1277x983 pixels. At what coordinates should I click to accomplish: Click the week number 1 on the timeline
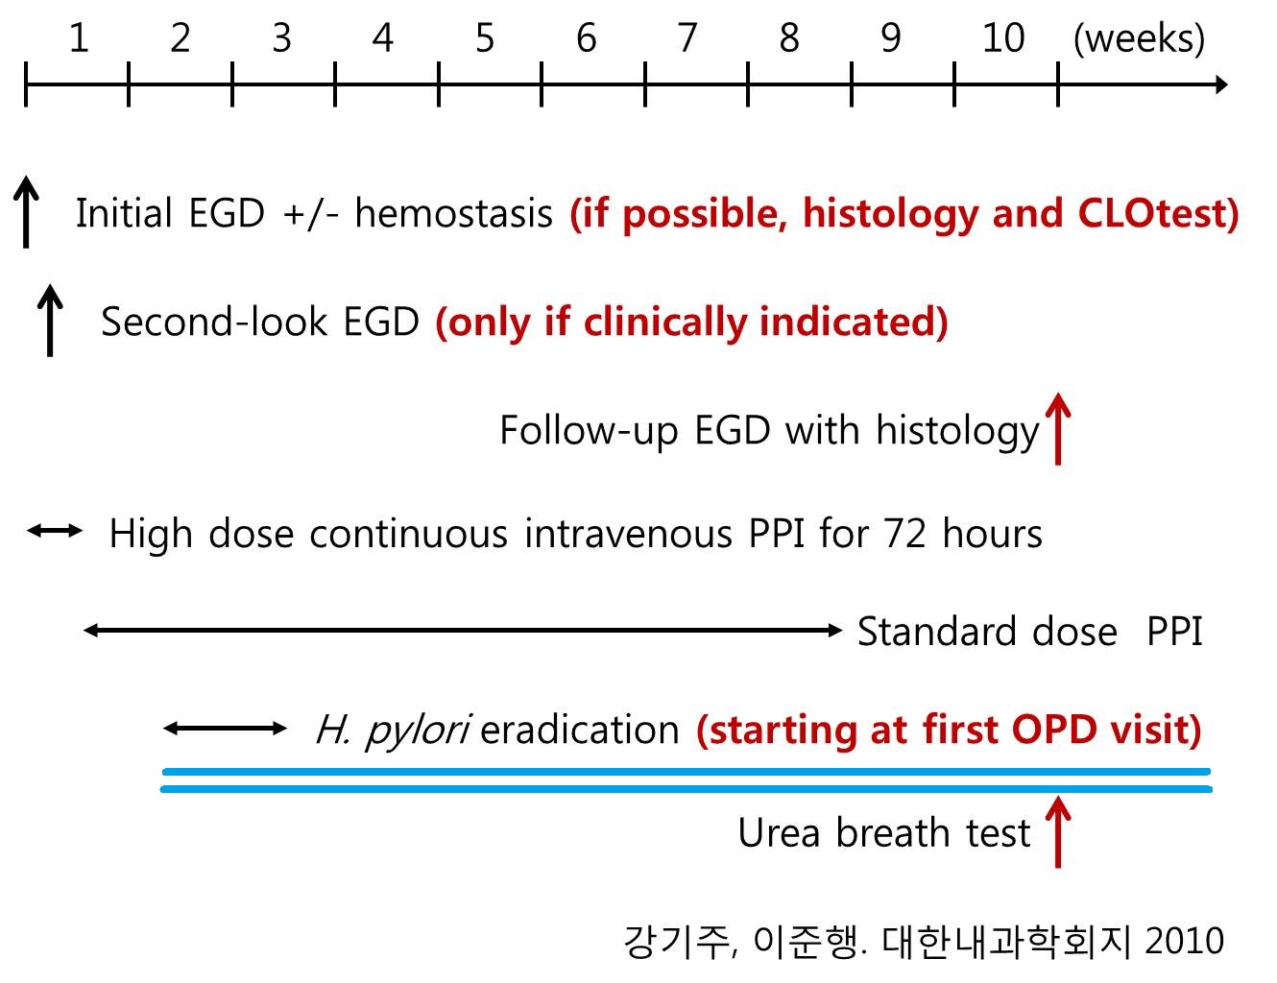click(x=79, y=38)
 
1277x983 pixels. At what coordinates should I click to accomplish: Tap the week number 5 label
click(x=485, y=38)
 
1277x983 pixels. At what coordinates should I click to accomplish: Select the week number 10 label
click(x=1003, y=38)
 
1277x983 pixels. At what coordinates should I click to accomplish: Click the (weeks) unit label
click(x=1139, y=39)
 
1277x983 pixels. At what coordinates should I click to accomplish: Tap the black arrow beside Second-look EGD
click(x=50, y=321)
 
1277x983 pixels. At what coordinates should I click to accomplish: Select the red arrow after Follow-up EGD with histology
click(x=1058, y=429)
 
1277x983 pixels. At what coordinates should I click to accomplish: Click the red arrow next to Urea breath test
click(x=1058, y=831)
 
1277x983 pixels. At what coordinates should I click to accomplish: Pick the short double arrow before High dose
click(x=55, y=531)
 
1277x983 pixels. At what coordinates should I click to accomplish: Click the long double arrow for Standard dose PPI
click(x=463, y=631)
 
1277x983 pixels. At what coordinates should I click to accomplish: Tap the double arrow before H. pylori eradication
click(x=225, y=729)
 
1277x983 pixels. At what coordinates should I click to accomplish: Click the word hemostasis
click(x=454, y=213)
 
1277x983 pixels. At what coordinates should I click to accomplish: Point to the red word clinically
click(x=665, y=322)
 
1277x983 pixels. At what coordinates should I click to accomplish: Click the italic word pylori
click(x=418, y=731)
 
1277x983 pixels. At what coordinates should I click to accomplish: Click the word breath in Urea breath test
click(x=893, y=832)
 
